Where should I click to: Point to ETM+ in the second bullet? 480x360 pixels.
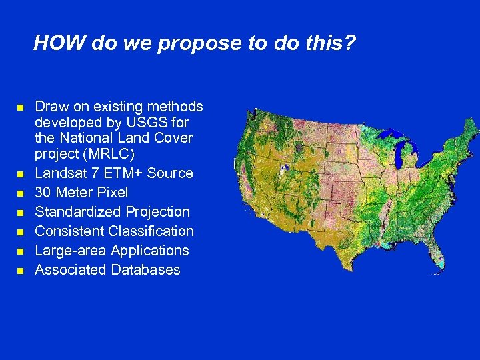point(122,173)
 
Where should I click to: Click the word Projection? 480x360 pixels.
point(157,212)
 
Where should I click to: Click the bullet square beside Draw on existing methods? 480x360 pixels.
point(21,107)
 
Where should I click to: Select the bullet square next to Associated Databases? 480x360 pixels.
point(21,271)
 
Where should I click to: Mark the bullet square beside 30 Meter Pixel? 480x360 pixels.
point(21,193)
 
